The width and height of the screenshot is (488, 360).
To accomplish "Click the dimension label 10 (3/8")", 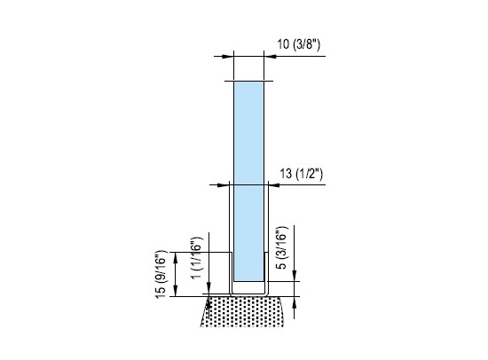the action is click(298, 44).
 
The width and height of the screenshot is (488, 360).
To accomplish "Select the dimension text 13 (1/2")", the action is click(301, 173).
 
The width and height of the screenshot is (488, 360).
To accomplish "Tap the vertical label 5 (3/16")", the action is click(281, 247).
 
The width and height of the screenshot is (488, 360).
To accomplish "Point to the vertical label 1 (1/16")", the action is click(196, 258).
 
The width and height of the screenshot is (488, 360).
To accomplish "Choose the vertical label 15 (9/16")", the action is click(161, 274).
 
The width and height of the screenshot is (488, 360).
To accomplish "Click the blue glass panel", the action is click(248, 181).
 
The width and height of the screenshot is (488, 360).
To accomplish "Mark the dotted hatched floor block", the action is click(242, 311).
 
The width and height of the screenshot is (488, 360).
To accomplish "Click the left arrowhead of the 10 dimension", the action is click(227, 57).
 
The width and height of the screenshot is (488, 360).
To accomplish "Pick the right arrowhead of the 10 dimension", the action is click(270, 57).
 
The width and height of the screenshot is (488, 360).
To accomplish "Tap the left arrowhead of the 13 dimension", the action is click(223, 185).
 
